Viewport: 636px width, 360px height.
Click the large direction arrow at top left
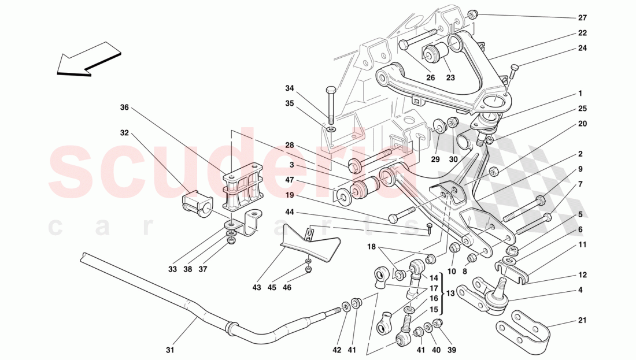coord(90,58)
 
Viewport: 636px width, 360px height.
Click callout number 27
coord(582,17)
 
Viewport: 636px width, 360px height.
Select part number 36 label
coord(124,107)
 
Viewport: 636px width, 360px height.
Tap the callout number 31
coord(169,350)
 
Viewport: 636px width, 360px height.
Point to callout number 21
coord(582,321)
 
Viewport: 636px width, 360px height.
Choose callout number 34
coord(290,88)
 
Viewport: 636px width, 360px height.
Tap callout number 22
coord(582,33)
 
